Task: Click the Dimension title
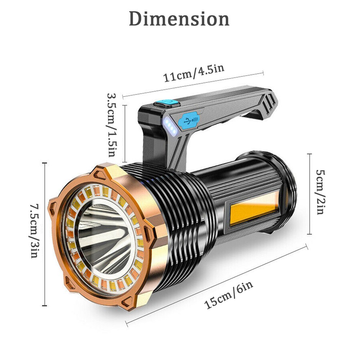tap(179, 19)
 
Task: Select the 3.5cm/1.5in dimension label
tap(112, 125)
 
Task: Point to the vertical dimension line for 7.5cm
tap(45, 234)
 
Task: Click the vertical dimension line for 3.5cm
tap(125, 133)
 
